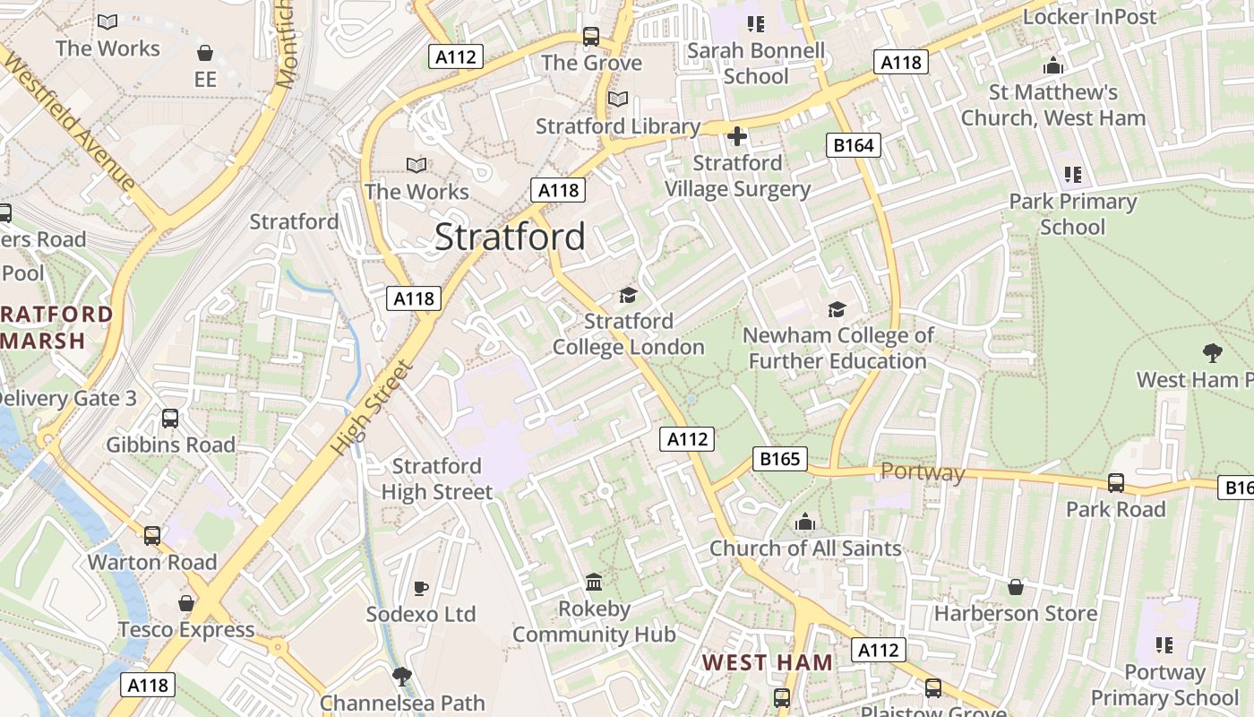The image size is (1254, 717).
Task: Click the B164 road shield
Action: [x=853, y=144]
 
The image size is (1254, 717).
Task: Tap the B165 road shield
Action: [x=779, y=459]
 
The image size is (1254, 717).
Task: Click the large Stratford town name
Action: [x=510, y=237]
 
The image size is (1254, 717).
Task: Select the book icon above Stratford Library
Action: [x=618, y=99]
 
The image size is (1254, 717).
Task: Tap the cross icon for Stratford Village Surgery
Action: [x=737, y=136]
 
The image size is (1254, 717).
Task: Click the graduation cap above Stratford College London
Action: [x=628, y=295]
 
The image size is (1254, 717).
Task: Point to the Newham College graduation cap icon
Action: [x=837, y=309]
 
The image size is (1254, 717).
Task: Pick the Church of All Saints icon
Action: [x=805, y=523]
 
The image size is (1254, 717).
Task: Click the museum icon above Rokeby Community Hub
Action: [x=594, y=583]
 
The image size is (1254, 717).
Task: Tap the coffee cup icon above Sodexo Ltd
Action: [x=421, y=588]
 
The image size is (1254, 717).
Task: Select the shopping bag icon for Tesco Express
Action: [x=186, y=603]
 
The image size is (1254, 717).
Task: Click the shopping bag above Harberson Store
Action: [x=1015, y=587]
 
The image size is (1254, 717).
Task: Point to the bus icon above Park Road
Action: [x=1116, y=483]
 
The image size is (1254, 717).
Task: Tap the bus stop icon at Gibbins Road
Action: [x=170, y=419]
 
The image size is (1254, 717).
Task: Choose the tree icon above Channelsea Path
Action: [x=402, y=676]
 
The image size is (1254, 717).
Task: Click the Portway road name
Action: [x=923, y=472]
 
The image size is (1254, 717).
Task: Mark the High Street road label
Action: [x=373, y=407]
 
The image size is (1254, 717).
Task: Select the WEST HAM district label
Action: [x=767, y=662]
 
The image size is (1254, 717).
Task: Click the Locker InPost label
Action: [x=1089, y=16]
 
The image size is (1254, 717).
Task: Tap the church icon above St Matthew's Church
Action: [x=1052, y=65]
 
